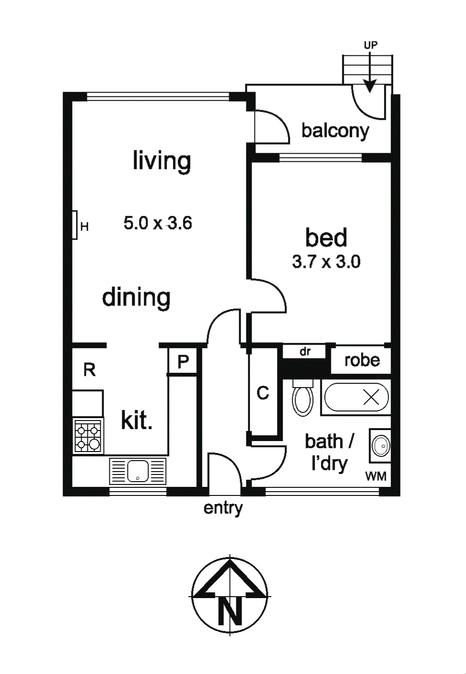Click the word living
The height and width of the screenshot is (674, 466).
[162, 162]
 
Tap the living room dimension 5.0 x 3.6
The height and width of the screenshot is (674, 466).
[158, 223]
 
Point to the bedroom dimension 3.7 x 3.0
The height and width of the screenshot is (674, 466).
[326, 262]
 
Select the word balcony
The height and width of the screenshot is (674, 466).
[335, 131]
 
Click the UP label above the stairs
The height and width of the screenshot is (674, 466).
[371, 45]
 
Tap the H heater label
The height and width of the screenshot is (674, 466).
[85, 227]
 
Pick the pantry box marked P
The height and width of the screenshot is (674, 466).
[182, 361]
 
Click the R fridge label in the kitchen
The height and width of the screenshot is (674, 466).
[89, 370]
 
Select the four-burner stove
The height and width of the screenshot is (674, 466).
[88, 435]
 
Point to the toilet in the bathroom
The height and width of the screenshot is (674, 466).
[303, 397]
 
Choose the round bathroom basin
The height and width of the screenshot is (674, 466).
[381, 446]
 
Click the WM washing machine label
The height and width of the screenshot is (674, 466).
[376, 476]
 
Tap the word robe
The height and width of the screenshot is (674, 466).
[362, 360]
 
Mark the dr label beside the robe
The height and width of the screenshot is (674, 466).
[305, 351]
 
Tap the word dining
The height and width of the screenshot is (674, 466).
[137, 298]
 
